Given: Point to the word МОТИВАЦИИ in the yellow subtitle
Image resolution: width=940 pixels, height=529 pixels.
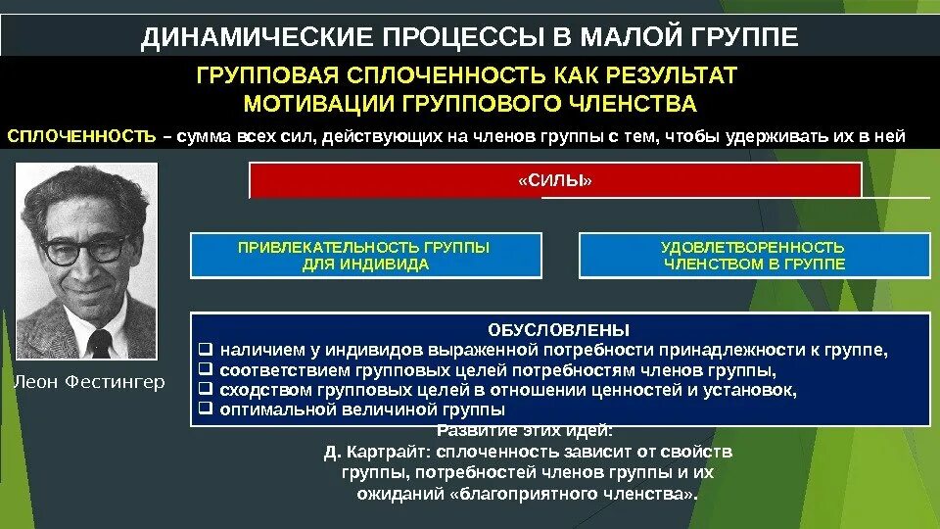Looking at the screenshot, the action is pyautogui.click(x=314, y=105).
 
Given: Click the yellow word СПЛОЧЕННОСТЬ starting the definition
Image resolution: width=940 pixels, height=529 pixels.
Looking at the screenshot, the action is pyautogui.click(x=81, y=136).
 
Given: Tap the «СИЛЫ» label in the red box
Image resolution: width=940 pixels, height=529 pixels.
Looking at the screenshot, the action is pyautogui.click(x=555, y=181).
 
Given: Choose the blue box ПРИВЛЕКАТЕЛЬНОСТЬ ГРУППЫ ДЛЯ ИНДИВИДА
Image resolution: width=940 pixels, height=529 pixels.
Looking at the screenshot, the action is pyautogui.click(x=364, y=256).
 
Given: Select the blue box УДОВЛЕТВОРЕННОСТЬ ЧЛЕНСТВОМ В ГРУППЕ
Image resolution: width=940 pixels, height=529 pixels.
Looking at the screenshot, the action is pyautogui.click(x=753, y=256).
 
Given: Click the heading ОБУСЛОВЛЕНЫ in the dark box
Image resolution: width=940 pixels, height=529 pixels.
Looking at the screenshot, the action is pyautogui.click(x=559, y=329).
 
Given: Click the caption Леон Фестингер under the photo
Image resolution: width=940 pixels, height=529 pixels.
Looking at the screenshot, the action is pyautogui.click(x=89, y=381).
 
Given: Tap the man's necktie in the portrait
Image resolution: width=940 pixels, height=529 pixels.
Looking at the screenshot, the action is pyautogui.click(x=99, y=342).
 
